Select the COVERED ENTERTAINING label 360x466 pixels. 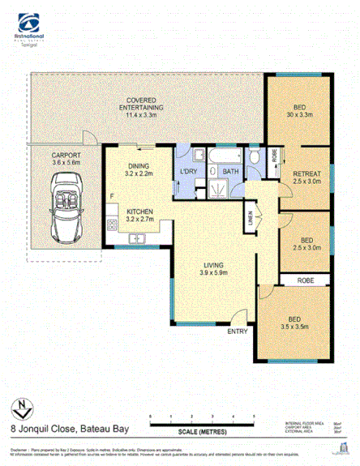pos(142,104)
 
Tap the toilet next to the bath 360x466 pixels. pos(253,156)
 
